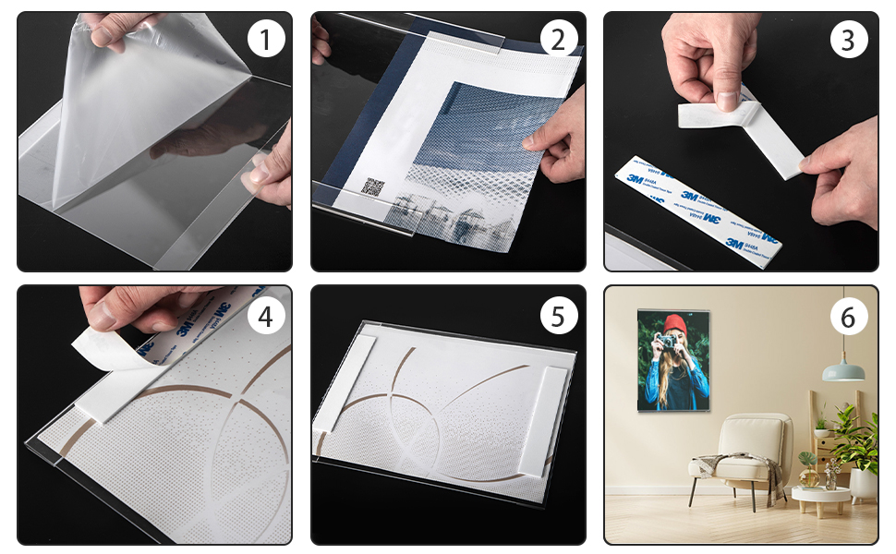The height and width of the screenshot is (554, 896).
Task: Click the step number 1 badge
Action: (266, 41)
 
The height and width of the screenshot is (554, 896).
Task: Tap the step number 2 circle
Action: (558, 41)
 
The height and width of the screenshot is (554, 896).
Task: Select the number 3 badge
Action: (848, 41)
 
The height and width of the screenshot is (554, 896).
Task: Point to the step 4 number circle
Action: (266, 317)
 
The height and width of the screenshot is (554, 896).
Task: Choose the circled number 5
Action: (558, 317)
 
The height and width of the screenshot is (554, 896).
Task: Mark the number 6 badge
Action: (848, 317)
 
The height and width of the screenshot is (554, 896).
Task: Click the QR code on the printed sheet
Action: (371, 187)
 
